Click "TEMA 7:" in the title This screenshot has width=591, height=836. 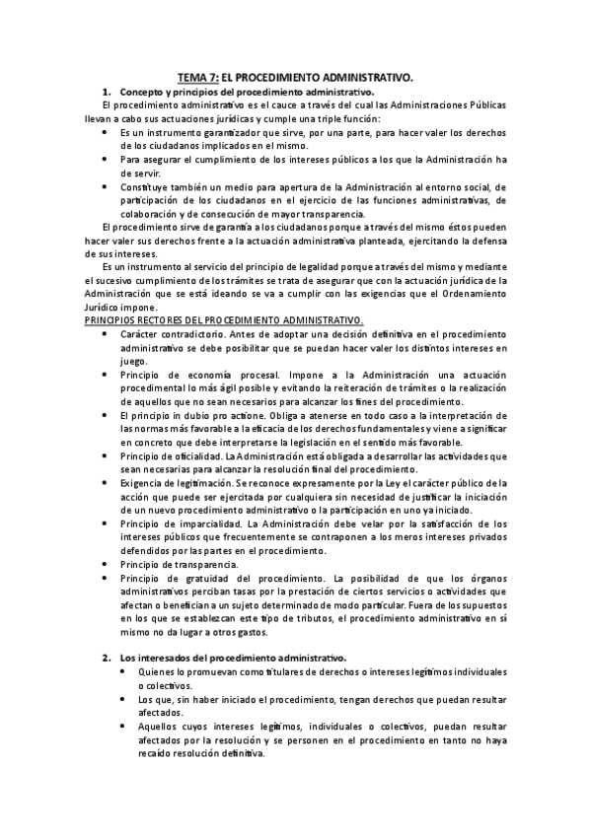[x=196, y=77]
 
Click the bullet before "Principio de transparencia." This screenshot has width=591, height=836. [x=106, y=564]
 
